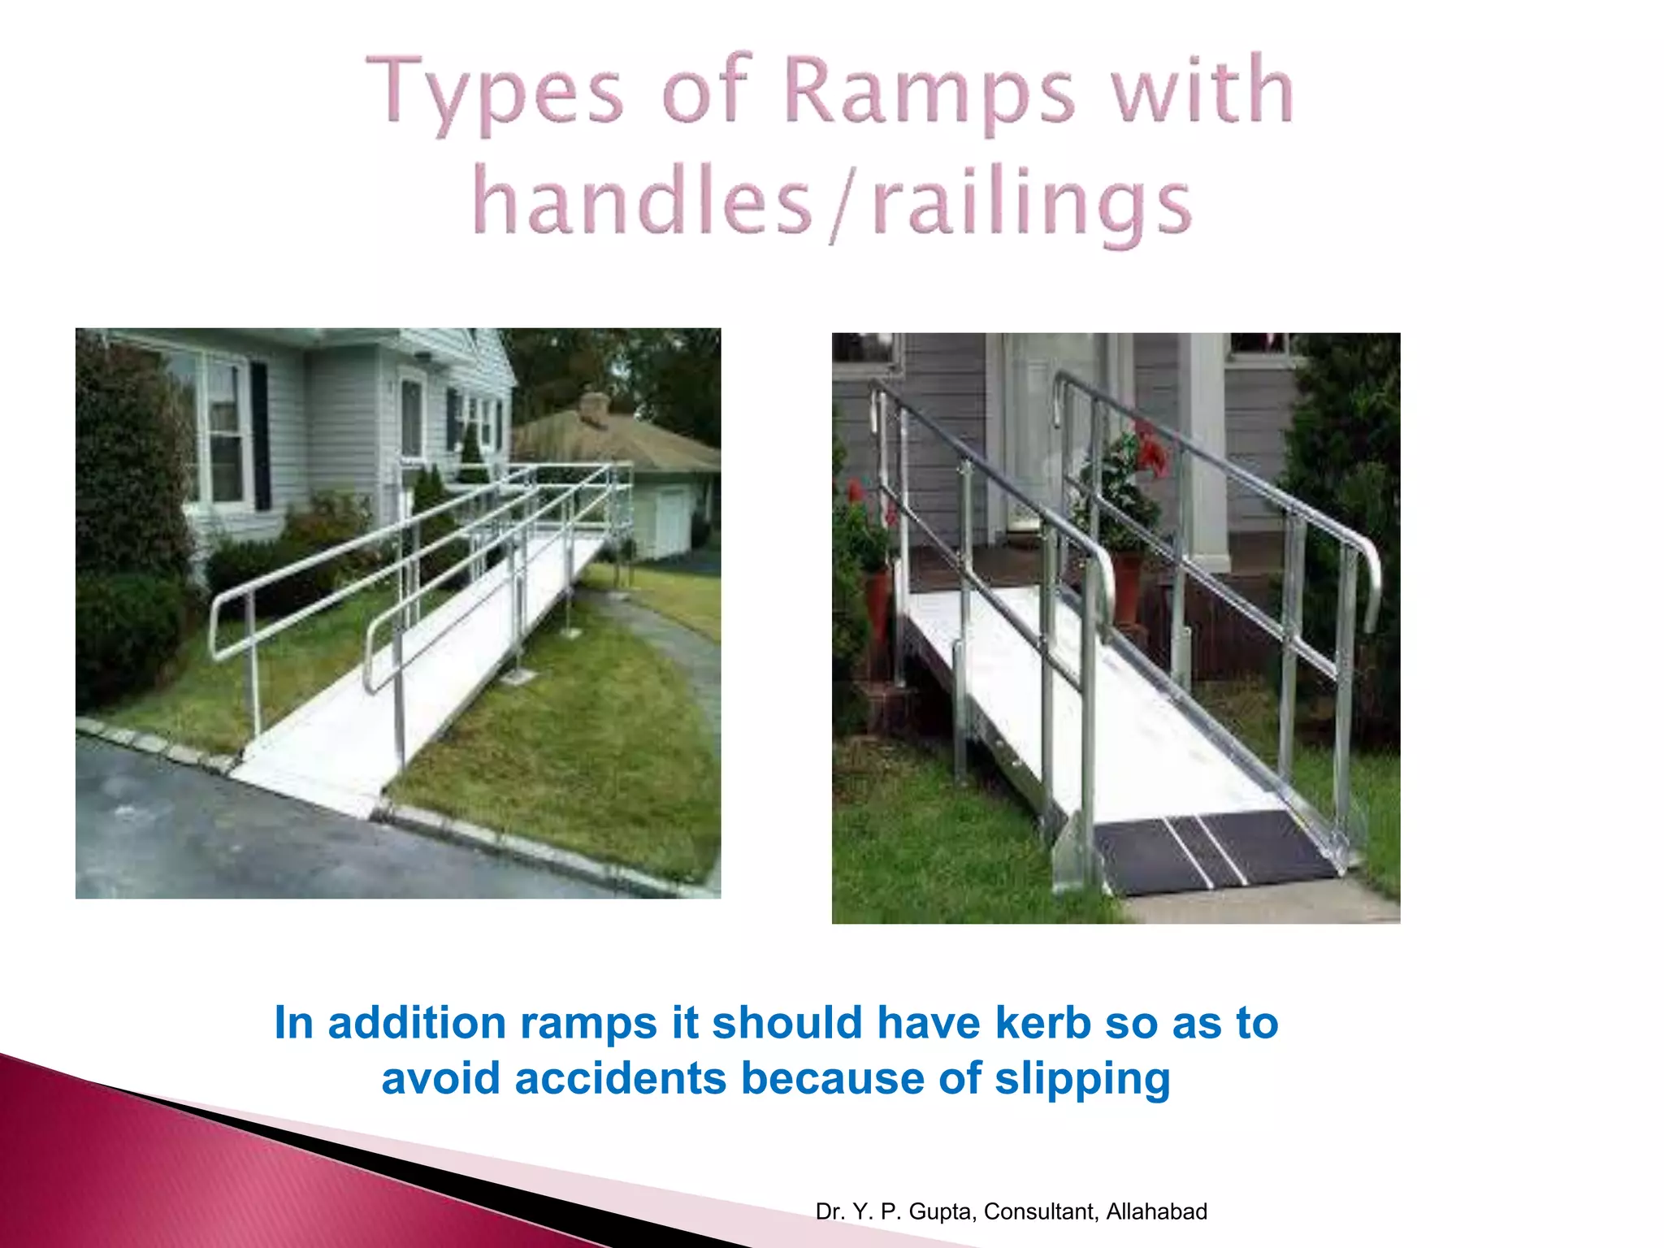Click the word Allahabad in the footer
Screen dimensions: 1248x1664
pos(1156,1211)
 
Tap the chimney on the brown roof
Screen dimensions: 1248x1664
pos(596,406)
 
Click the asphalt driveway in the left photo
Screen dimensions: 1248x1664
pos(244,837)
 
